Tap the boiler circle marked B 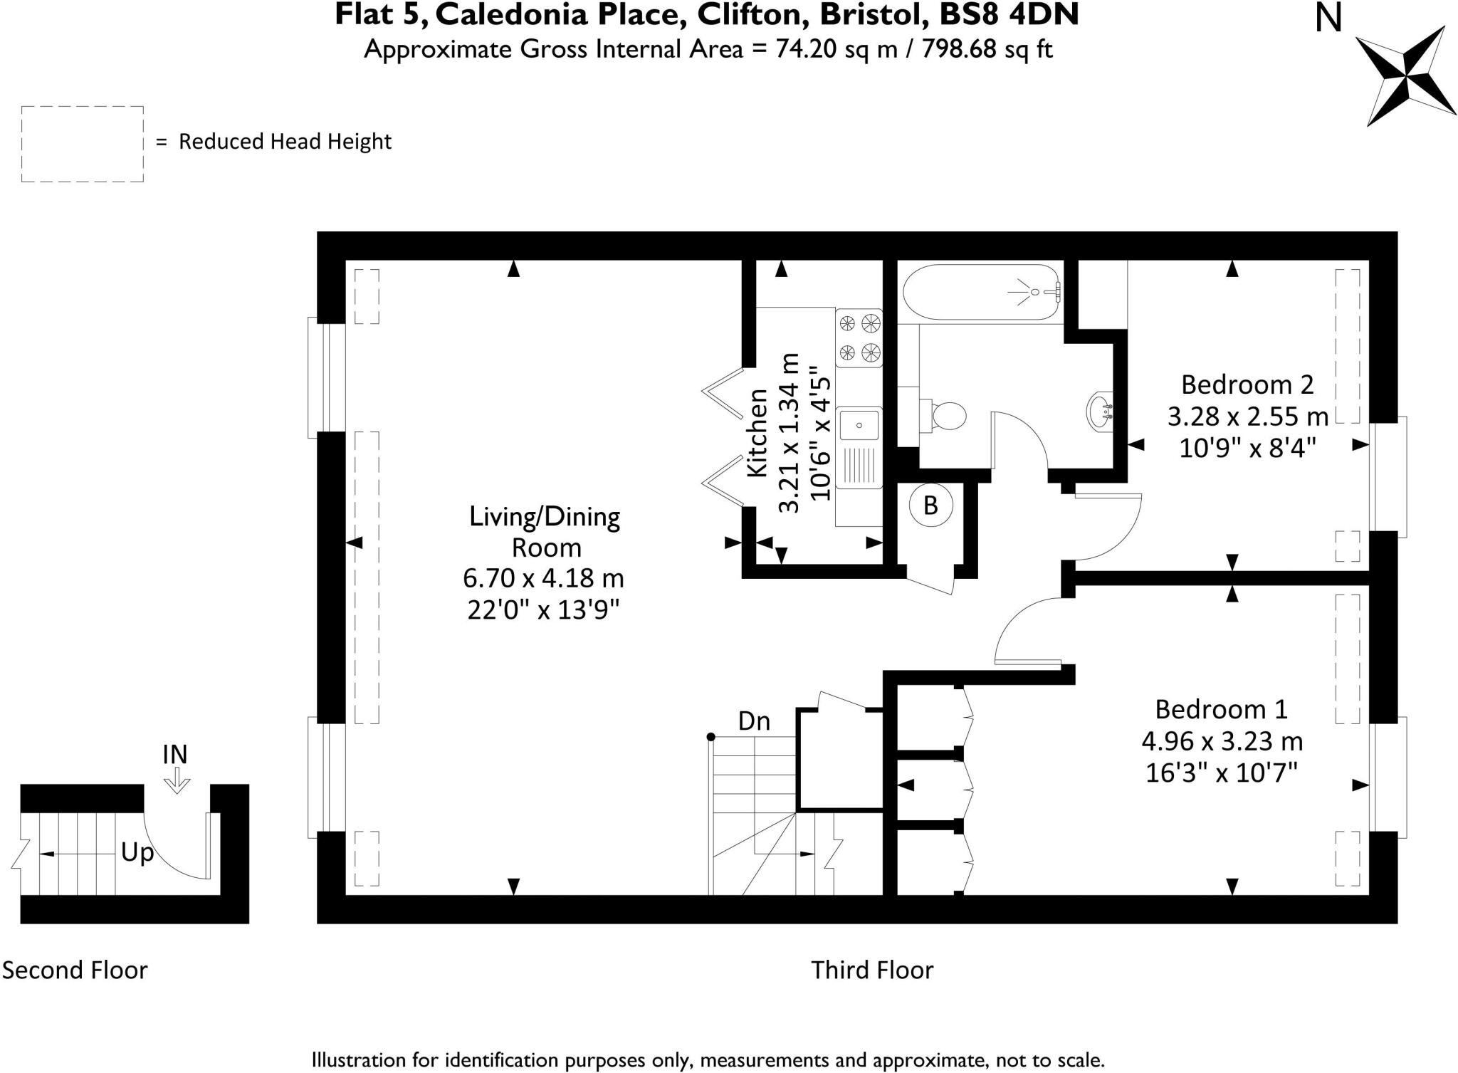coord(930,506)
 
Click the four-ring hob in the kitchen coord(859,338)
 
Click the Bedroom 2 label coord(1247,384)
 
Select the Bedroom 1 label coord(1221,709)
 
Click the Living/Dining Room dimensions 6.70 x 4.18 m coord(543,578)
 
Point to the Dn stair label coord(754,721)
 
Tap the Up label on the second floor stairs coord(137,852)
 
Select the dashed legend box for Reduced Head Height coord(83,144)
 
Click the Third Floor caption coord(872,970)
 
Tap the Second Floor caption coord(75,970)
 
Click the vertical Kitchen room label coord(757,433)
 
